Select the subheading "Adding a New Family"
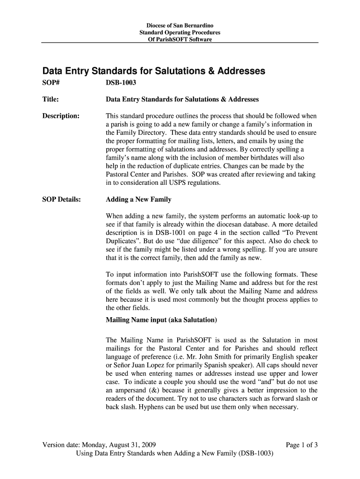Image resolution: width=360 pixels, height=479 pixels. tap(138, 200)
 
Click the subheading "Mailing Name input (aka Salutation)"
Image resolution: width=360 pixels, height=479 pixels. tap(161, 320)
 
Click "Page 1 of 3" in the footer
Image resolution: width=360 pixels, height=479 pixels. tap(302, 445)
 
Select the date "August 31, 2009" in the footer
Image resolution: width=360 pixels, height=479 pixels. tap(133, 445)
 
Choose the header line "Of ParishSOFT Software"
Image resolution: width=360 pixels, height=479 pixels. tap(180, 39)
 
